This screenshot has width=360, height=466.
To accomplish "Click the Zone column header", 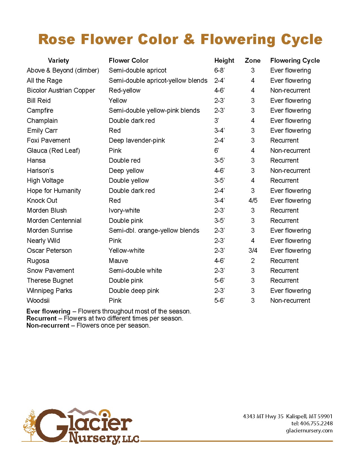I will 252,60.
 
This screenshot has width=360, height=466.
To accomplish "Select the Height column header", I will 224,60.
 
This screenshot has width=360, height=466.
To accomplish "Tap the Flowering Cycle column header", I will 295,60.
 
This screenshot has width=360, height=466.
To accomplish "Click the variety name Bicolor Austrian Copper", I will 61,90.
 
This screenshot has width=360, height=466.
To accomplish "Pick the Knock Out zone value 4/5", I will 253,201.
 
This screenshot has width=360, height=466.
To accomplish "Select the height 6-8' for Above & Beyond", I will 219,70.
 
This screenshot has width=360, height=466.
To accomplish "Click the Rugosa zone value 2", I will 253,261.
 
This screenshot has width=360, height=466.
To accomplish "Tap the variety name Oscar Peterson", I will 49,251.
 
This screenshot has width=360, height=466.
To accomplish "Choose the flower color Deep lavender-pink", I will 137,140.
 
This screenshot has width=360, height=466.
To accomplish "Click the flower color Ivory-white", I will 124,210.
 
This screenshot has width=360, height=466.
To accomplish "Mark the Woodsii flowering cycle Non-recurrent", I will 290,300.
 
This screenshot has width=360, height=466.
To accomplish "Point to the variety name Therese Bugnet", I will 50,280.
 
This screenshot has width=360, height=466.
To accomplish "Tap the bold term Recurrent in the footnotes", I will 42,318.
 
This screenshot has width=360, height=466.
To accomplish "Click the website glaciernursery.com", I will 309,430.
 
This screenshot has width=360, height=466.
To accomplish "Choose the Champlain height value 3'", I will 216,121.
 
